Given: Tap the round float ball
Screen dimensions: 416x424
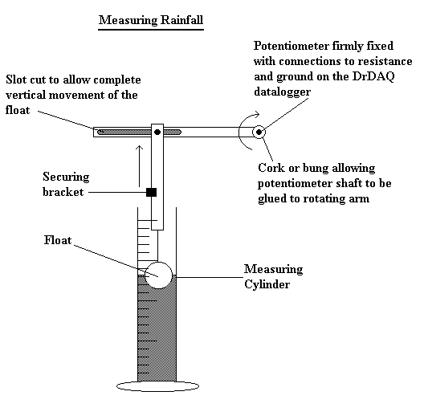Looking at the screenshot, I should pyautogui.click(x=158, y=274).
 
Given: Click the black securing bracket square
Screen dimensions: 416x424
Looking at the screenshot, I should pyautogui.click(x=150, y=193).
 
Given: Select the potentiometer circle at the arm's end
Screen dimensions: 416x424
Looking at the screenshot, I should pyautogui.click(x=259, y=131).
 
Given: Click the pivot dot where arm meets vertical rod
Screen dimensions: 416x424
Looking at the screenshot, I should pyautogui.click(x=157, y=131).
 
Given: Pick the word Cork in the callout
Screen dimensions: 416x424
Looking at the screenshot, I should pyautogui.click(x=271, y=169).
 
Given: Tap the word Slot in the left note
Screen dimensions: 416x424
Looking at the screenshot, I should pyautogui.click(x=16, y=80).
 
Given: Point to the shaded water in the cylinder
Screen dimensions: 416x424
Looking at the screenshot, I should pyautogui.click(x=158, y=329).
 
